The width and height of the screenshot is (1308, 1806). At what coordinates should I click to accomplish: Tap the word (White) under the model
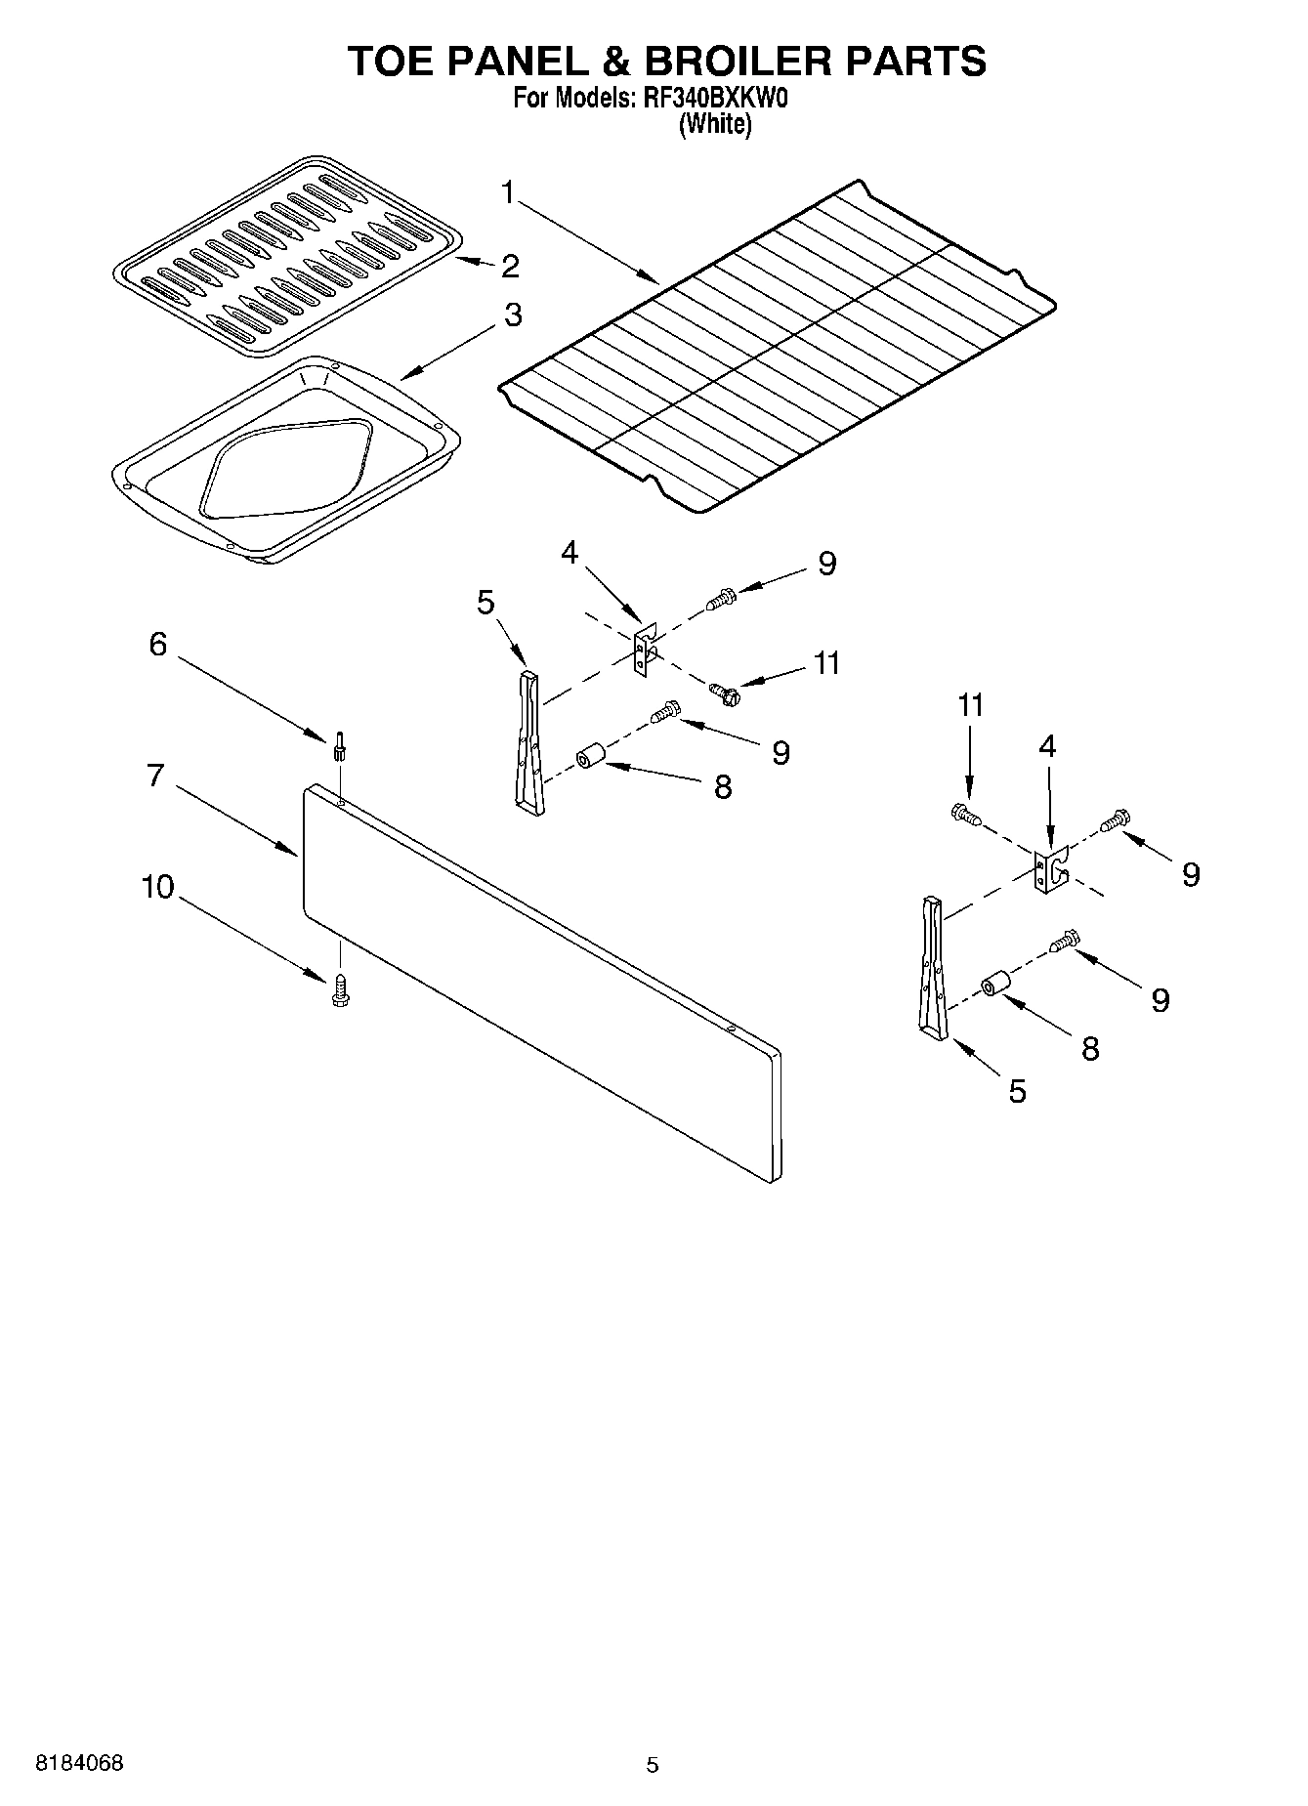pyautogui.click(x=715, y=124)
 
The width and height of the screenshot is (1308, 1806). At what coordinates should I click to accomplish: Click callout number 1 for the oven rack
pyautogui.click(x=508, y=193)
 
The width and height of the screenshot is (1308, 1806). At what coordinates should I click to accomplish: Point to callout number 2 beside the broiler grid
pyautogui.click(x=509, y=266)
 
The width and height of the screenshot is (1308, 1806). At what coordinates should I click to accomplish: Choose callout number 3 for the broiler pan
pyautogui.click(x=512, y=315)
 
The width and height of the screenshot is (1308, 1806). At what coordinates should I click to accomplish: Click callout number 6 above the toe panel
pyautogui.click(x=156, y=644)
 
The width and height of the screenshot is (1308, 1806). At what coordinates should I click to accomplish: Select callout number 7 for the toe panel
pyautogui.click(x=156, y=776)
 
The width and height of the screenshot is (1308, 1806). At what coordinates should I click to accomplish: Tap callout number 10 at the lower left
pyautogui.click(x=157, y=887)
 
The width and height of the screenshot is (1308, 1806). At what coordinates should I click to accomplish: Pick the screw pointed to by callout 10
pyautogui.click(x=340, y=989)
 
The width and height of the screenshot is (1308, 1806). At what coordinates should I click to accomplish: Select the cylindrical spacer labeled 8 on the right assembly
pyautogui.click(x=995, y=985)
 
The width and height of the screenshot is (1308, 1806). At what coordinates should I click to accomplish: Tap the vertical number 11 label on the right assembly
pyautogui.click(x=970, y=704)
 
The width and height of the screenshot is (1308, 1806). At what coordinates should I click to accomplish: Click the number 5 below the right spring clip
pyautogui.click(x=1017, y=1091)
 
